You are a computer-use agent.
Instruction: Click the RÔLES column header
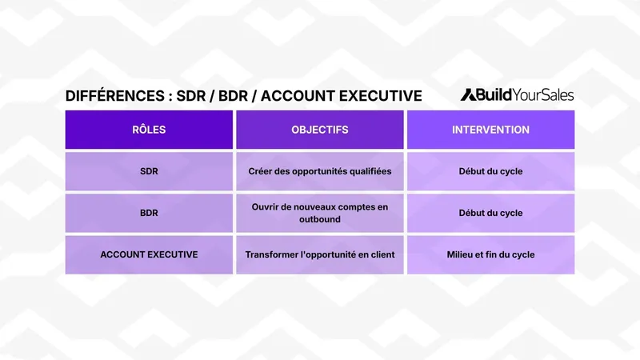149,130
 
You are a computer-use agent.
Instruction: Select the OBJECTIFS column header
320,130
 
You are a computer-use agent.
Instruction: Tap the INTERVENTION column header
490,130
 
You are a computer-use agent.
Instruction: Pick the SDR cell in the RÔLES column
149,171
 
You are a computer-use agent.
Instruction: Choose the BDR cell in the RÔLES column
149,213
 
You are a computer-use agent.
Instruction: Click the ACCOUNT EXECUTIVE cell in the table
149,254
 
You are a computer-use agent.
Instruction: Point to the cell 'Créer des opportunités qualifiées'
320,171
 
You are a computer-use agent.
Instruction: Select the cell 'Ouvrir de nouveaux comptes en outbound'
320,213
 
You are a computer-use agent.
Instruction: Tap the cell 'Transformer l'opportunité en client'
320,254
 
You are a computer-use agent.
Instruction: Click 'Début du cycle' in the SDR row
490,171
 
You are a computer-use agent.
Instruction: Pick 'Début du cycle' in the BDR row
490,213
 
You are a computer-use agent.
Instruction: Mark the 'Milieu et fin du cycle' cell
490,254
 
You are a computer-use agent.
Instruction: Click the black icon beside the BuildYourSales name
468,94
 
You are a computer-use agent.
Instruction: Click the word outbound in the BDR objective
320,219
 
